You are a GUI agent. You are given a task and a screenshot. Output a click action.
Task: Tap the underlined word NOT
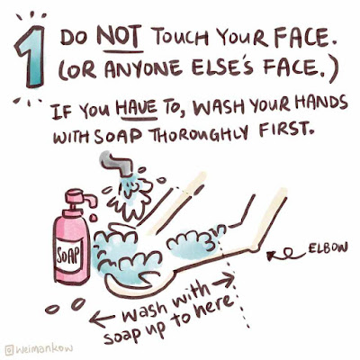tap(120, 39)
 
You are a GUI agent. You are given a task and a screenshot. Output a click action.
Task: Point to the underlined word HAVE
tap(137, 109)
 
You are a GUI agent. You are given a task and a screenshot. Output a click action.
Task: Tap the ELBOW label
tap(327, 248)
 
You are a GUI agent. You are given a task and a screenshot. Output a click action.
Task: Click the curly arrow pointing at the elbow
tap(286, 255)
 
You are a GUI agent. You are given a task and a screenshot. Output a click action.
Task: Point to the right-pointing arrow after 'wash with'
tap(222, 281)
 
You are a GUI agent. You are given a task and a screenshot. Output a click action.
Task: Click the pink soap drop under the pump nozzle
tap(93, 217)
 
